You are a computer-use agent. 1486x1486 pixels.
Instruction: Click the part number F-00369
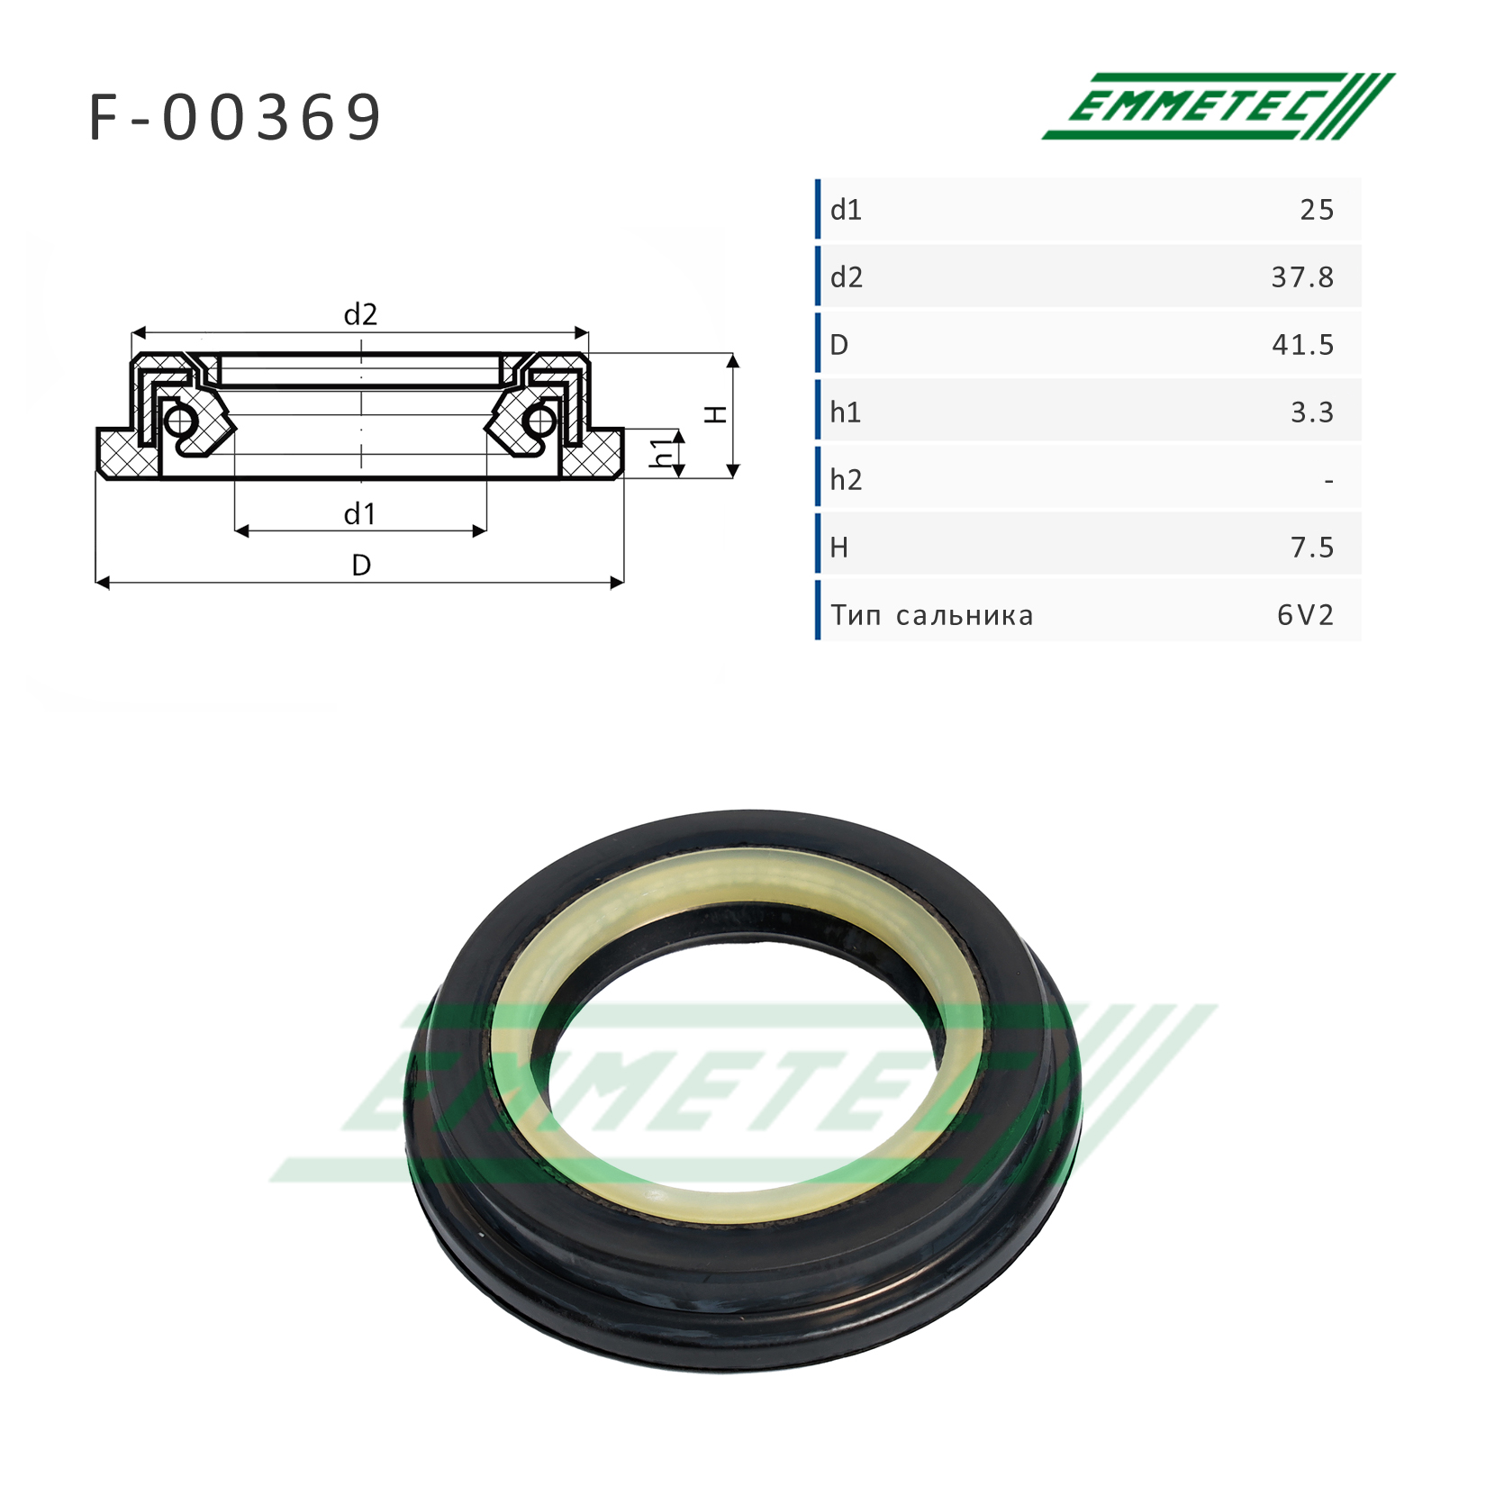[236, 118]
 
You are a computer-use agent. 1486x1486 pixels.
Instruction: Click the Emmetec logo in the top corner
[1218, 106]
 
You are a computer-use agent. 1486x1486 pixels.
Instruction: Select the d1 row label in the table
[846, 210]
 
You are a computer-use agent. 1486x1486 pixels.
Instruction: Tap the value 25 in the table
[1316, 210]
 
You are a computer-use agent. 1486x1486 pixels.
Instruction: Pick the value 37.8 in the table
[1302, 277]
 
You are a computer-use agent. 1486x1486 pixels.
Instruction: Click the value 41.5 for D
[1302, 345]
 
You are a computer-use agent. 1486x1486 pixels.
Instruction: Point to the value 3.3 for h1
[1312, 412]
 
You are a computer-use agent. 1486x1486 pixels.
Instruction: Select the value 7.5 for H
[1312, 548]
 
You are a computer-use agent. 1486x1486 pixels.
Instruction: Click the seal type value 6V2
[1305, 615]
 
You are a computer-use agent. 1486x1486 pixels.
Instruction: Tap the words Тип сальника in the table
[931, 616]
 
